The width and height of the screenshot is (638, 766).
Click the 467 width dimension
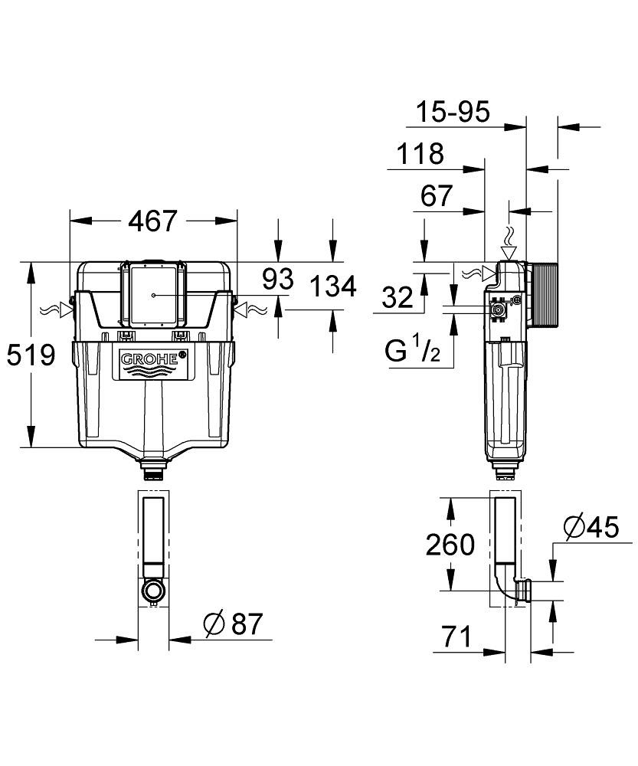152,221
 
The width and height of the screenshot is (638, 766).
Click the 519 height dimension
31,355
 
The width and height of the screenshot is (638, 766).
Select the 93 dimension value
277,280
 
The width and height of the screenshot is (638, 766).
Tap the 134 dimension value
332,286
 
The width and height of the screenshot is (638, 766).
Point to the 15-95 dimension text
452,113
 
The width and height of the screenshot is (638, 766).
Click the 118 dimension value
420,154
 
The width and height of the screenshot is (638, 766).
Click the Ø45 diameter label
590,528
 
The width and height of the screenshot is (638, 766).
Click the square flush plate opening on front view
154,294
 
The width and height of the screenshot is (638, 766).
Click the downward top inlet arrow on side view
509,251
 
